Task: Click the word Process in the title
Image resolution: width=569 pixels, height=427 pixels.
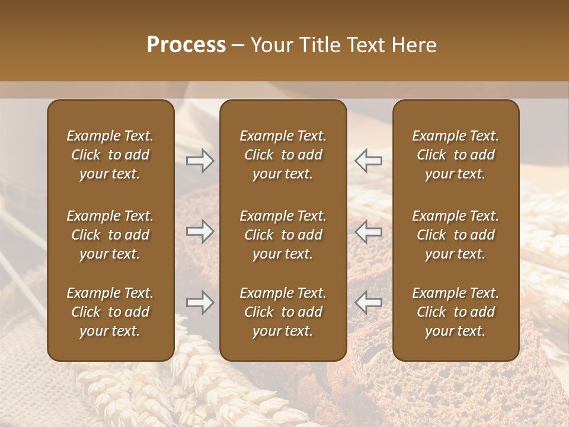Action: (x=186, y=45)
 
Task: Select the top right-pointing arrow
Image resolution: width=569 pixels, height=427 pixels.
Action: (x=200, y=160)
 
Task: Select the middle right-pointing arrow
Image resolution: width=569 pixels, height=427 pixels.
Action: (x=200, y=231)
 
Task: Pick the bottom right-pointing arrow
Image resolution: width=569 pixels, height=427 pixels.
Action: (x=200, y=302)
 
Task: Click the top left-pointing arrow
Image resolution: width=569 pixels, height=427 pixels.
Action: (x=368, y=160)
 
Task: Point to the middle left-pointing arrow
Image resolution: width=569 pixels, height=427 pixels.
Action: (x=368, y=231)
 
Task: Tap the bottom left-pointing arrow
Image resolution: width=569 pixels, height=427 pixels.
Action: (x=368, y=302)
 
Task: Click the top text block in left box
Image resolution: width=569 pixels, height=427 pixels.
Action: (x=110, y=155)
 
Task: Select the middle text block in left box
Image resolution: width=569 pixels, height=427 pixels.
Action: (x=110, y=235)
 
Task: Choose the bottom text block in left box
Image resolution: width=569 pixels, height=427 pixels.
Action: (x=110, y=312)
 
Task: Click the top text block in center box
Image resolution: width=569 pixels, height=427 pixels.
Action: (x=283, y=155)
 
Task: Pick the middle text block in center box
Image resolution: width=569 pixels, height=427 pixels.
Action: (x=283, y=235)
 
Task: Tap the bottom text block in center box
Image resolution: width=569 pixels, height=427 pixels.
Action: (x=283, y=312)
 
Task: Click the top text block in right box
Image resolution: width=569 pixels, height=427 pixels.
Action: (x=455, y=155)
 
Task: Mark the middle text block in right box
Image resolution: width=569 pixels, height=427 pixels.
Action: (x=455, y=235)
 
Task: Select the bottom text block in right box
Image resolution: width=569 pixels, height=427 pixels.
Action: (x=455, y=312)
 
